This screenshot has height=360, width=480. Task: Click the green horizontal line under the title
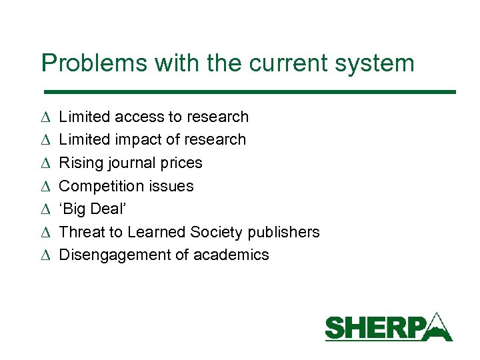(x=249, y=91)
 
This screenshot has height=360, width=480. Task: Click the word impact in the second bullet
(x=143, y=139)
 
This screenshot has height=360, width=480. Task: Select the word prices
(x=181, y=163)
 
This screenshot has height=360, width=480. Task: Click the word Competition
(x=102, y=185)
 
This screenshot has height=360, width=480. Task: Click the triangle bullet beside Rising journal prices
(x=45, y=163)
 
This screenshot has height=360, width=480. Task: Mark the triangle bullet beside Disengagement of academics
(x=45, y=255)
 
